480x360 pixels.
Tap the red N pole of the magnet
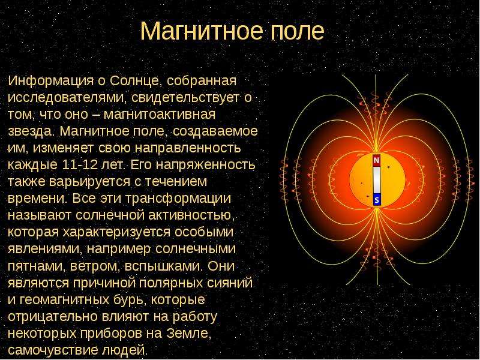[377, 160]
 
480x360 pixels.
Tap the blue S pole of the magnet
[377, 200]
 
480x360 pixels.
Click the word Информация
[51, 81]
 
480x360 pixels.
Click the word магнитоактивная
[160, 115]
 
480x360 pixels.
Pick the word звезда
[31, 131]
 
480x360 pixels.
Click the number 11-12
[80, 164]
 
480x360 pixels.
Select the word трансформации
[178, 199]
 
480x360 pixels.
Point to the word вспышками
[164, 266]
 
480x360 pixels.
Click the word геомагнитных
[65, 299]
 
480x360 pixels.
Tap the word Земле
[189, 333]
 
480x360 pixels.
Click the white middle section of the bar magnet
[377, 180]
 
